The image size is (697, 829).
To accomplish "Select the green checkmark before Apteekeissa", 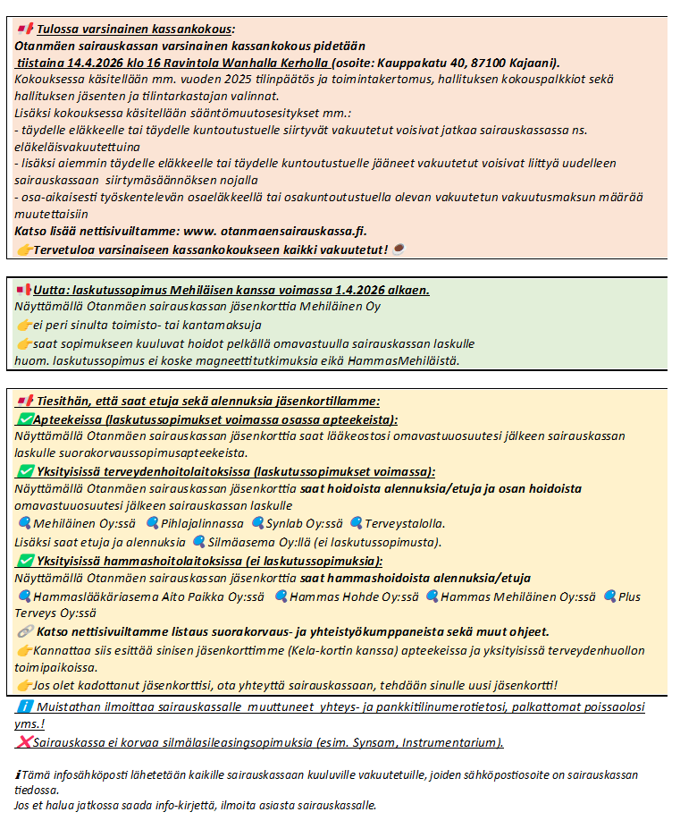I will point(24,419).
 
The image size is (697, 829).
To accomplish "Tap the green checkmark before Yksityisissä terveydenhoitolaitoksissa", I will point(24,471).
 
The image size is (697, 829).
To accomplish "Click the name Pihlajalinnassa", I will point(202,523).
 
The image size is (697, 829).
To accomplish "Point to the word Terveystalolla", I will point(405,523).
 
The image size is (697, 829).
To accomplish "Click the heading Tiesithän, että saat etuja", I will point(206,402).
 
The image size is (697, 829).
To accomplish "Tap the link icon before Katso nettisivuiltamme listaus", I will point(24,631).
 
